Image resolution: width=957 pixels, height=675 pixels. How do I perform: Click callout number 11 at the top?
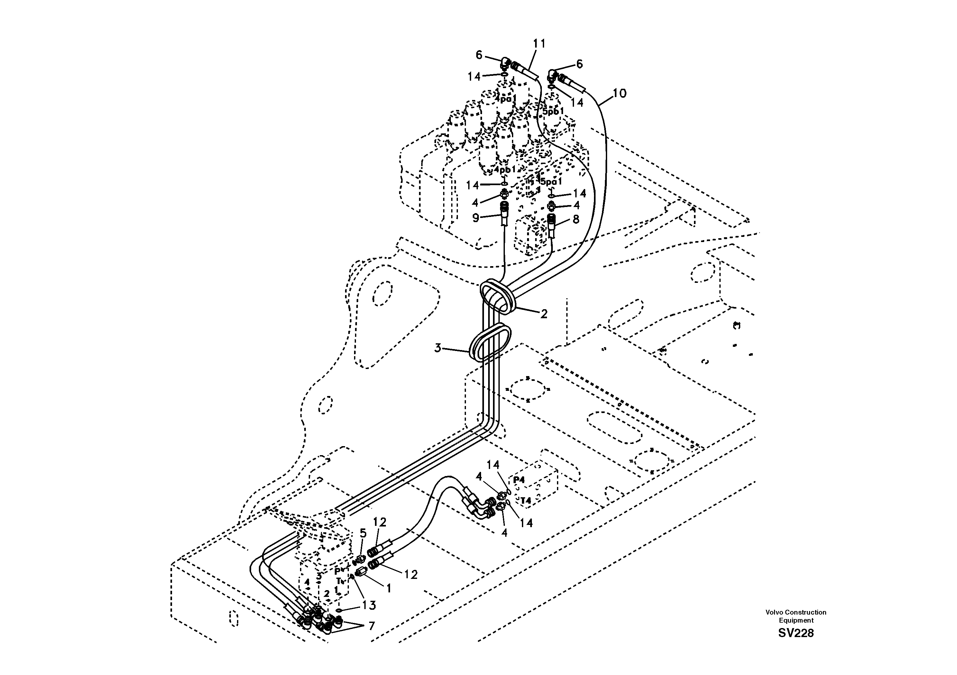click(539, 43)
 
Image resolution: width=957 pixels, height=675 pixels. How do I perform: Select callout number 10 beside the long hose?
click(620, 93)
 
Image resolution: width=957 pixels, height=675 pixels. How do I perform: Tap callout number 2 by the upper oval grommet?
click(543, 314)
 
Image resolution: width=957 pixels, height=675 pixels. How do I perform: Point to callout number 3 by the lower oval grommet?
click(438, 348)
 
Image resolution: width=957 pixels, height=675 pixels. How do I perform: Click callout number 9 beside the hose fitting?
click(476, 218)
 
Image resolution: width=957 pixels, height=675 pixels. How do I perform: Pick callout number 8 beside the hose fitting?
click(576, 219)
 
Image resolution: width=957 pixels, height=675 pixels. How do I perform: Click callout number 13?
click(369, 605)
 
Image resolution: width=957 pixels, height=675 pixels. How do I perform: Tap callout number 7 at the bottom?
click(371, 626)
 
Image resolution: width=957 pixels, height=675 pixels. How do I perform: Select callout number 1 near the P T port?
click(388, 588)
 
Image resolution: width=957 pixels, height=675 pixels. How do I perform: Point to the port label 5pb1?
click(553, 112)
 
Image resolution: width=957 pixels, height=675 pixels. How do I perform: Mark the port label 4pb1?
click(505, 170)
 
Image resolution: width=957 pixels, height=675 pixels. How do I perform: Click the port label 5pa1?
click(551, 182)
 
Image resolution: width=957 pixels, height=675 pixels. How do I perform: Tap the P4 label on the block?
click(519, 480)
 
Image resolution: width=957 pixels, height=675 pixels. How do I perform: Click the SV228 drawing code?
click(795, 633)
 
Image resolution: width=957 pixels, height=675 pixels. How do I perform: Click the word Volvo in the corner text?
click(774, 612)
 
